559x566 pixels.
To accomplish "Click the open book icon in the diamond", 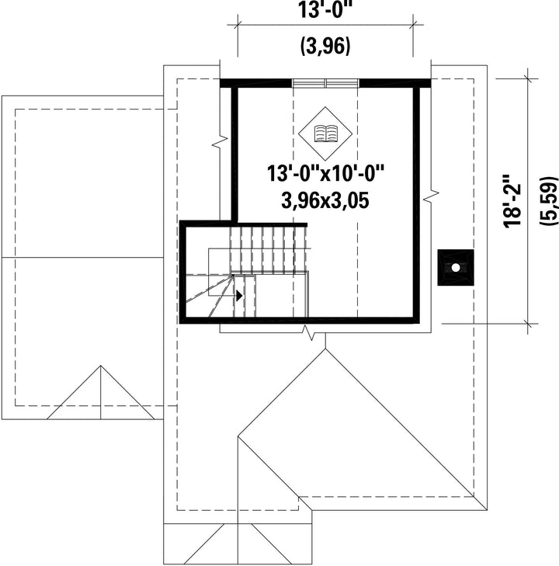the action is tap(325, 134).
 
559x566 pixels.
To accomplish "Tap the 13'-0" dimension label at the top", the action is tap(325, 10).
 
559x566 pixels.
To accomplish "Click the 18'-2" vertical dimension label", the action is tap(512, 201).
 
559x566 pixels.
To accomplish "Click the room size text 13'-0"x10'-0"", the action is tap(325, 173).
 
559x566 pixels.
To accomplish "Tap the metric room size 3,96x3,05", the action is tap(325, 200).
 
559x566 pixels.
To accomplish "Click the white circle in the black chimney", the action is tap(456, 268).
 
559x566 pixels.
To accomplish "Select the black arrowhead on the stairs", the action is tap(239, 296).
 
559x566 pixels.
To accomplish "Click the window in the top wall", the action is tap(325, 83).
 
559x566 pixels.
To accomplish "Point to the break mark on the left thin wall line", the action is tap(220, 141).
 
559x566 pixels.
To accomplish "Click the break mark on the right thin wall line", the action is tap(431, 196).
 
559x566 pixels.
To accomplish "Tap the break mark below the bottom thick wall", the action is tap(309, 332).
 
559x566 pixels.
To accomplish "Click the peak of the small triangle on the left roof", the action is tap(101, 366).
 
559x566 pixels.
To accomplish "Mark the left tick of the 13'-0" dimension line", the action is tap(238, 25).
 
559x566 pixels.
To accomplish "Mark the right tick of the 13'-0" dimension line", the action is tap(413, 25).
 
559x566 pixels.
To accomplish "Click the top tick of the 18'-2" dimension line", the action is tap(529, 78).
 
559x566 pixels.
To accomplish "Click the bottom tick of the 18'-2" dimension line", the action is tap(529, 324).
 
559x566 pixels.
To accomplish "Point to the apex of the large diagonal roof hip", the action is tap(325, 349).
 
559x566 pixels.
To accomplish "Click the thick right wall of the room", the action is tap(416, 203).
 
